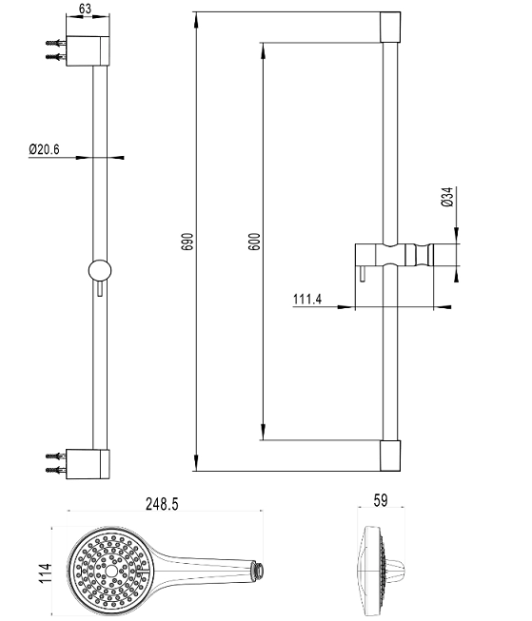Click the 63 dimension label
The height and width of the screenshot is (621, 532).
pos(86,9)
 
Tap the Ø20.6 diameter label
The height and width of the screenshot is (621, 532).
pos(44,149)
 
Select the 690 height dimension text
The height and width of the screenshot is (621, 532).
pos(187,242)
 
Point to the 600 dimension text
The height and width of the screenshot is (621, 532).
pos(254,242)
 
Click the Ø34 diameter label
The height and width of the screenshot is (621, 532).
pos(446,197)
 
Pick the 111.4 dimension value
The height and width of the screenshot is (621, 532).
pos(307,299)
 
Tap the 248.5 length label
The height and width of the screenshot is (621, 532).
pos(162,504)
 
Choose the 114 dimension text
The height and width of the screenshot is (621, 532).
pos(46,572)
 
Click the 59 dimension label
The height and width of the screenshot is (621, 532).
pos(381,500)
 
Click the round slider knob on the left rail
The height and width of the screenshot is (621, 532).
pos(100,271)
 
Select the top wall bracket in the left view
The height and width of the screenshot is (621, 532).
pos(88,50)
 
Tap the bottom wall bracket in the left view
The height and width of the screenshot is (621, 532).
pos(88,464)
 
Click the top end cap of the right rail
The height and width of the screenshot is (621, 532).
pos(390,27)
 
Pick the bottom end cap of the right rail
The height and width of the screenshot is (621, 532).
pos(390,456)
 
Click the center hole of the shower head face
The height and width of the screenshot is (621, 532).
pos(111,571)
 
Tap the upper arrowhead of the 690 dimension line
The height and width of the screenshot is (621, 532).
pos(196,20)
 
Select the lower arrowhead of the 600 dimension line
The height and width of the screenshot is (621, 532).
pos(263,432)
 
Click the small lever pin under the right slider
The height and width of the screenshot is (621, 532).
pos(363,274)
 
